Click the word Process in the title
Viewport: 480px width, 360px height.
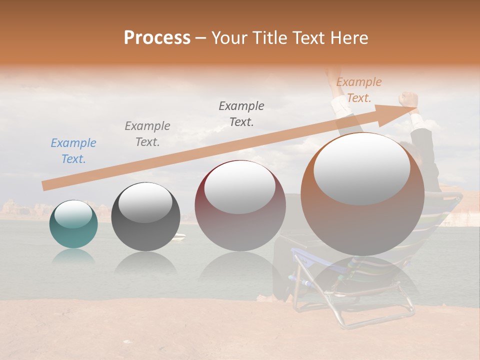click(157, 38)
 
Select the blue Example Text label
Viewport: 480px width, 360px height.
click(73, 151)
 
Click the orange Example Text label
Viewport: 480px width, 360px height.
click(358, 90)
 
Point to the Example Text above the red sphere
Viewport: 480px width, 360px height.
click(241, 113)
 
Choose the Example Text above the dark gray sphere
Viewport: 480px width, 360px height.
click(147, 133)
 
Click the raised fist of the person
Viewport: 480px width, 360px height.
click(408, 98)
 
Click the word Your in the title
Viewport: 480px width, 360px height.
click(229, 38)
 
